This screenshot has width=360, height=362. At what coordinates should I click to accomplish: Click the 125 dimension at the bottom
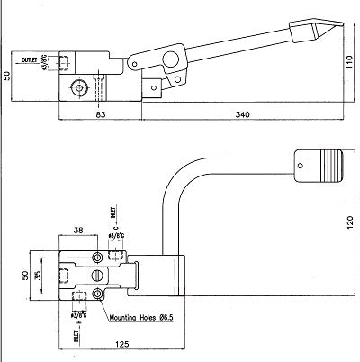point(121,343)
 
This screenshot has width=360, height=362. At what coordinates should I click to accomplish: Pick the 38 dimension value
point(79,230)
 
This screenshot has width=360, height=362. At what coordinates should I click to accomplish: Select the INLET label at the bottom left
point(76,338)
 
